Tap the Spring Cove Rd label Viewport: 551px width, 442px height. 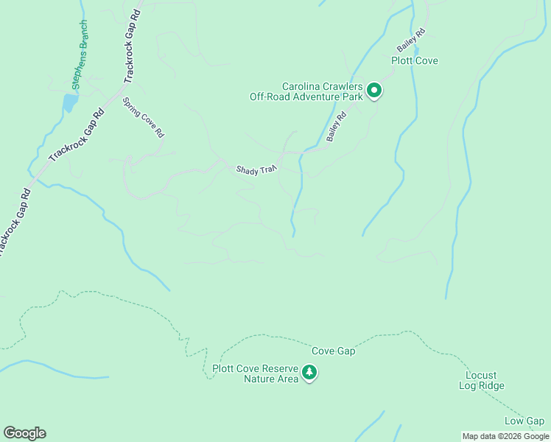pos(143,118)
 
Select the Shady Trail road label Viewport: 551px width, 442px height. pos(256,169)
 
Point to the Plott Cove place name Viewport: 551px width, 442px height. pos(415,60)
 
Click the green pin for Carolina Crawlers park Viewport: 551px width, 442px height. pos(374,91)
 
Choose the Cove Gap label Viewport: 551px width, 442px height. pos(333,351)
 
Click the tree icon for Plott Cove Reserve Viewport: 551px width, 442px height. pos(310,373)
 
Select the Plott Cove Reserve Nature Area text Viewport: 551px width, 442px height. pos(255,374)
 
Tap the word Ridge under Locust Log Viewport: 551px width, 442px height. pos(491,385)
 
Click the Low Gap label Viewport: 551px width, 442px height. pos(524,421)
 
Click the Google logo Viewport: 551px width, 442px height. pos(24,433)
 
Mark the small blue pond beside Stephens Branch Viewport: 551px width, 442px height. pos(70,102)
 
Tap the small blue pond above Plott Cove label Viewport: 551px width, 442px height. pos(416,49)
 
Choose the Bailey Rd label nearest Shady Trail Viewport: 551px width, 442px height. pos(337,127)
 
